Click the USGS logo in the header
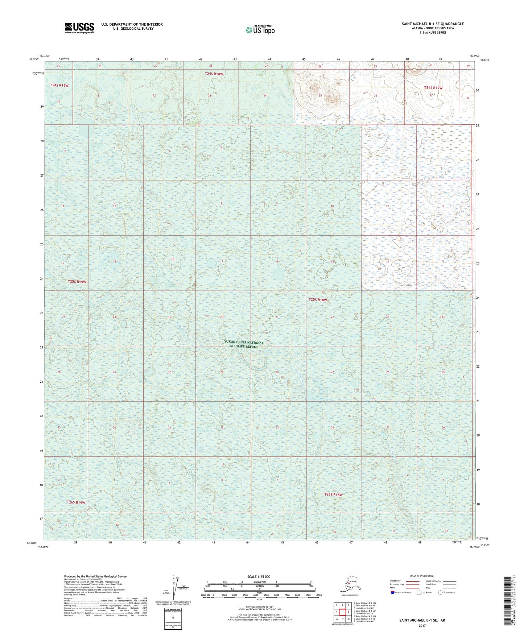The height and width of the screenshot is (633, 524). click(x=79, y=28)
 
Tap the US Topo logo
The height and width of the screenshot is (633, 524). click(x=260, y=30)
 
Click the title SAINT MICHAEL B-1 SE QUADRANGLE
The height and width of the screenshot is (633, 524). click(x=432, y=24)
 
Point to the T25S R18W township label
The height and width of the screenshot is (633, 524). click(x=318, y=300)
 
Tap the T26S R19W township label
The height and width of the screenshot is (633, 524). click(x=76, y=502)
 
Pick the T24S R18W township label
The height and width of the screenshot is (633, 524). click(x=214, y=74)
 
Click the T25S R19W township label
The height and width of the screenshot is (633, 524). click(x=77, y=282)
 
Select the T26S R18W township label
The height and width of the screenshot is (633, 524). click(x=333, y=495)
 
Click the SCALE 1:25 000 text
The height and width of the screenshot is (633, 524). click(x=259, y=576)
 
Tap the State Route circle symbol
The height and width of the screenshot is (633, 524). click(x=441, y=592)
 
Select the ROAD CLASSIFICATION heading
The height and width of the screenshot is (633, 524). click(x=422, y=576)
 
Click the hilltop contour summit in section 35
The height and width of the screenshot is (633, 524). click(x=314, y=88)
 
